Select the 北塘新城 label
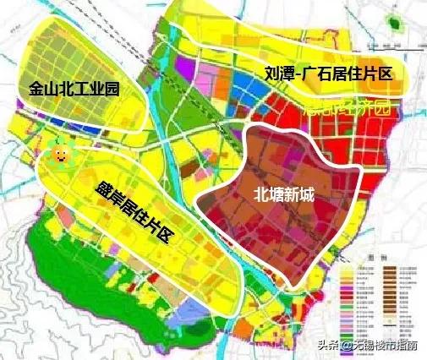[283, 194]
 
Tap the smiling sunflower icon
[59, 154]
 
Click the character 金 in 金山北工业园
[36, 87]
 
